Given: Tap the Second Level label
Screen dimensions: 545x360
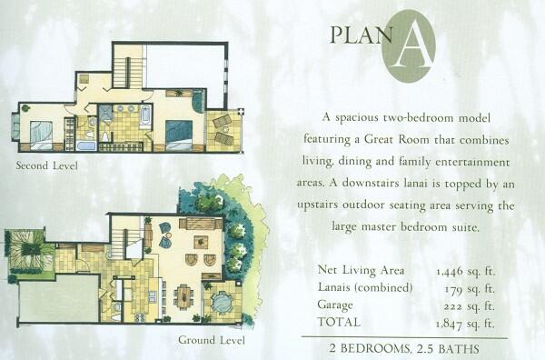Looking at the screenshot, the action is tap(47, 165).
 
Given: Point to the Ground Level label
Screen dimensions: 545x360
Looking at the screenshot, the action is tap(212, 340).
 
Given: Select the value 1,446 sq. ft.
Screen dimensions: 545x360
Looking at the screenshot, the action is tap(465, 271).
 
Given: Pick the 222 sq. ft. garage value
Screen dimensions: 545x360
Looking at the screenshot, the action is tap(469, 306).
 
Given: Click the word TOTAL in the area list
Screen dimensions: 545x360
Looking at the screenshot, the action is tap(339, 322).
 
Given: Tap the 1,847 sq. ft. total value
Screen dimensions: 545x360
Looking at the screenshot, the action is tap(465, 325).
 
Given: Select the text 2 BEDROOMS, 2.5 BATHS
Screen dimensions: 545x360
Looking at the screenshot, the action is tap(404, 348).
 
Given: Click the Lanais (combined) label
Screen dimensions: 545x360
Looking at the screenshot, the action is tap(365, 287).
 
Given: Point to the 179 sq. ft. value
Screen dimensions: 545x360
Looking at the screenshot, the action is tap(470, 289).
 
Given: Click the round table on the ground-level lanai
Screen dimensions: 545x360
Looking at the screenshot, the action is tap(221, 302).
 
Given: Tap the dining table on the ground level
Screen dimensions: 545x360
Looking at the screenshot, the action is tap(183, 296).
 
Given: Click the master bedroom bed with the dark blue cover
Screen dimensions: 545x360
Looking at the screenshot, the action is tap(179, 135).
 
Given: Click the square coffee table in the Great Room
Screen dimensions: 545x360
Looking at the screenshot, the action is tap(201, 242).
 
